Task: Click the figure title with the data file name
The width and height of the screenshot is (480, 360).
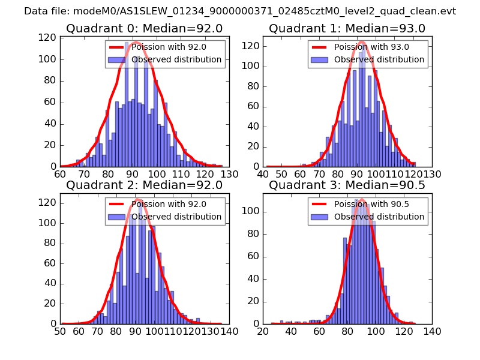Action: click(240, 11)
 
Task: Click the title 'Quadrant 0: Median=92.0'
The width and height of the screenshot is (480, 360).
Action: click(144, 29)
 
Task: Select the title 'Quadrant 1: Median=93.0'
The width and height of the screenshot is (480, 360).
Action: click(347, 29)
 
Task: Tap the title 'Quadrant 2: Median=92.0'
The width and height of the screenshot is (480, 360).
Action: click(144, 185)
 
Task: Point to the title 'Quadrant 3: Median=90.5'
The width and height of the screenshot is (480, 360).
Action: click(347, 185)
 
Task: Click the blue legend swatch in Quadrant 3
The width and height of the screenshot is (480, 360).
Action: click(319, 217)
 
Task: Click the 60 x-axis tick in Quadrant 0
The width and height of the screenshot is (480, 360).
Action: click(60, 174)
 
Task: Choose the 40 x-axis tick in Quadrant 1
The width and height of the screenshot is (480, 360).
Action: click(263, 174)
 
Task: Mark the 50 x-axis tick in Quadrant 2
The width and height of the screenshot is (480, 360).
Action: click(60, 331)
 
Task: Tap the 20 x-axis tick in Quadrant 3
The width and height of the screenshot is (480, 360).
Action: click(263, 331)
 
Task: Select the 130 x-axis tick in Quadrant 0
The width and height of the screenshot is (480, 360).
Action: click(230, 174)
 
